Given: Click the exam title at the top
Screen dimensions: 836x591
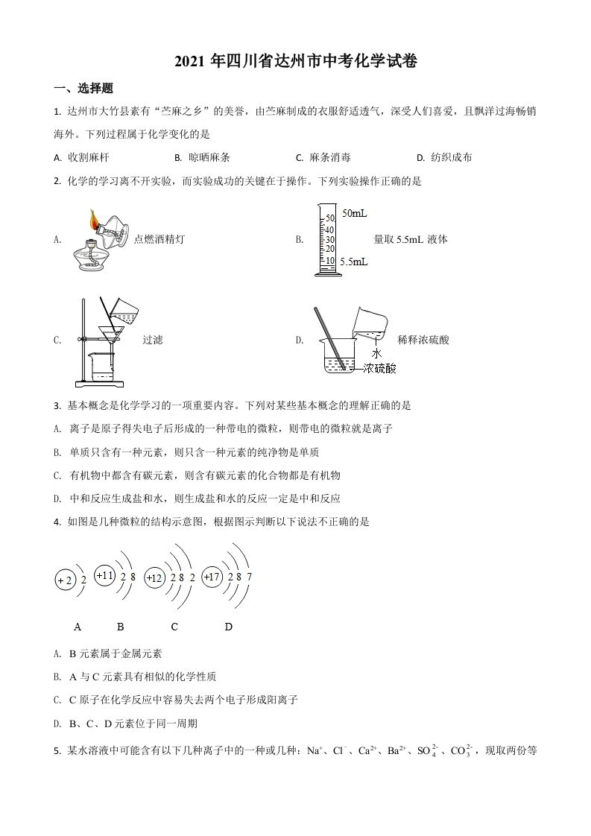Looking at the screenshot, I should [x=295, y=62].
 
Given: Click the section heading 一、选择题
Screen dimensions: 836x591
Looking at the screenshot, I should [x=83, y=88].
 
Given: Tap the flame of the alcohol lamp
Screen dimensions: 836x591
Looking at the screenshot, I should [x=94, y=218].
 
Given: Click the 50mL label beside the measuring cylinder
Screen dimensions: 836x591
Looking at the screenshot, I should [x=354, y=214].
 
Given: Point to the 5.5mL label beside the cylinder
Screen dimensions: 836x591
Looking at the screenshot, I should [x=353, y=262].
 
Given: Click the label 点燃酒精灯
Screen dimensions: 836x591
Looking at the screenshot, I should [x=159, y=239].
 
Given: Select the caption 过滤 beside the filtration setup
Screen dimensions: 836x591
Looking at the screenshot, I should [x=153, y=340].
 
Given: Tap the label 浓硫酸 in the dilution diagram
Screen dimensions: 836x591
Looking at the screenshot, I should [x=380, y=368].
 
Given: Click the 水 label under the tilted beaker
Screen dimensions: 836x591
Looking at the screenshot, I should [x=377, y=353].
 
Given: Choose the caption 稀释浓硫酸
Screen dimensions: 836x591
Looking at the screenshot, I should [x=424, y=340].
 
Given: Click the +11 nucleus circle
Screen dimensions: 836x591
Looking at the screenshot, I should [x=105, y=576].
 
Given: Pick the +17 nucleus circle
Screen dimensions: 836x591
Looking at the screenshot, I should [x=212, y=577].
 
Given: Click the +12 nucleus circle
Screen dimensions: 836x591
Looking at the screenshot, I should [x=154, y=578].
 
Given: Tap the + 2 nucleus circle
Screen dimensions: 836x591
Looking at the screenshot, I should [x=65, y=580].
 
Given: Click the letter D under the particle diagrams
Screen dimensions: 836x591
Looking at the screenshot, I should [x=229, y=627].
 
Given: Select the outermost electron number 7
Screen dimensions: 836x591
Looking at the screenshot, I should [x=249, y=577].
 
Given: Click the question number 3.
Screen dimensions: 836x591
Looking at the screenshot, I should [x=57, y=406].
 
